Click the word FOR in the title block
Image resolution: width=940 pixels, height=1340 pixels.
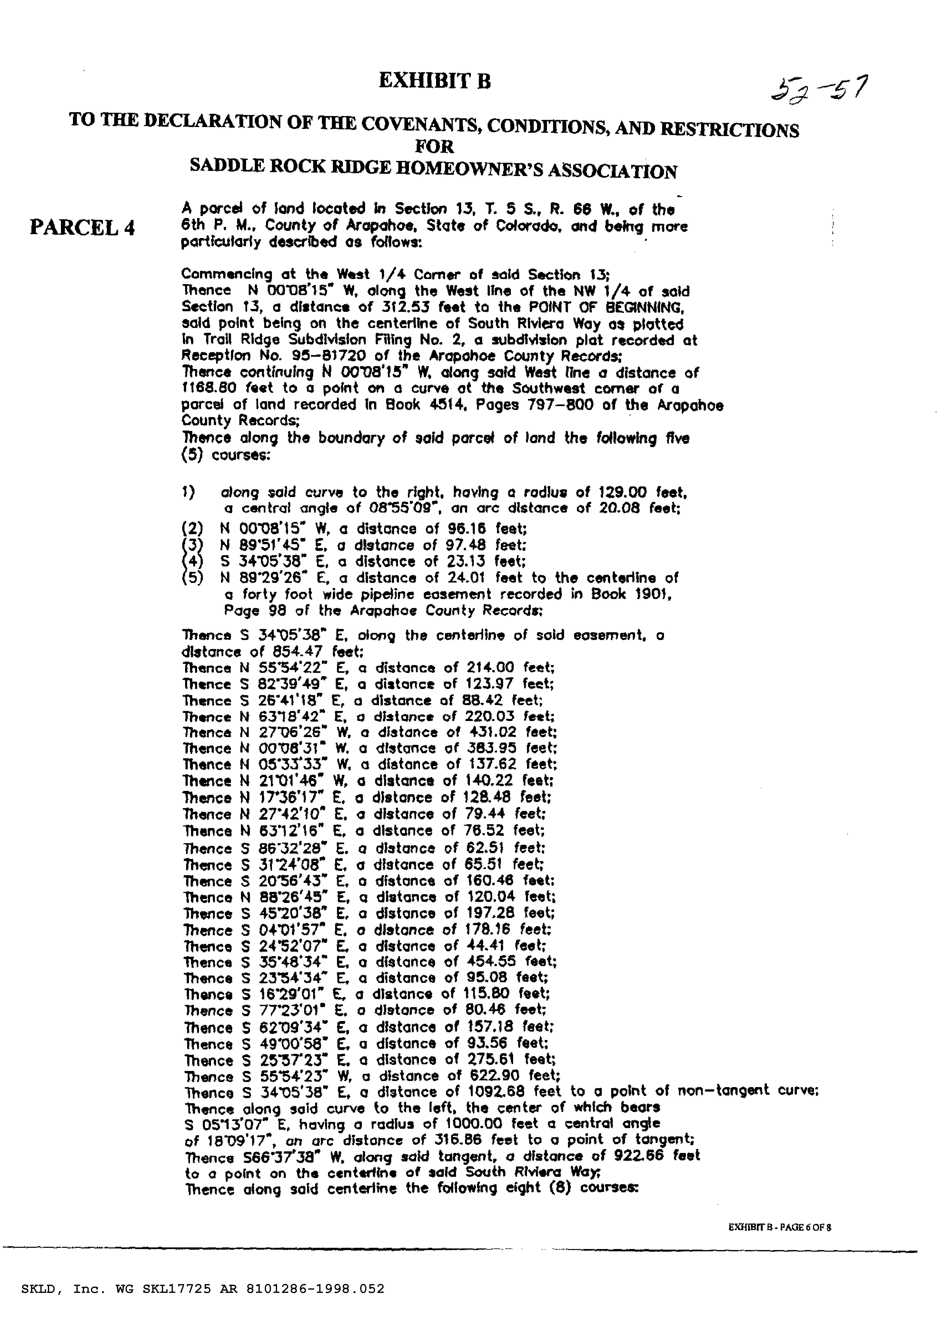[434, 146]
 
